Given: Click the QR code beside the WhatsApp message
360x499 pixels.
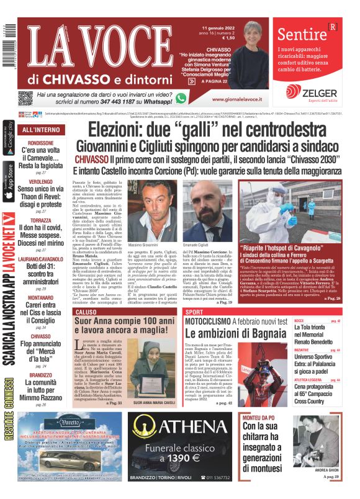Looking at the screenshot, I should click(x=25, y=98).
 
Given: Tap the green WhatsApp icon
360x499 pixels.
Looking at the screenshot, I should click(x=181, y=98).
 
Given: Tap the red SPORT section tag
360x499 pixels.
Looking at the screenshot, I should click(x=194, y=312).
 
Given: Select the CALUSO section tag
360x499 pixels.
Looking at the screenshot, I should click(x=69, y=312).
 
